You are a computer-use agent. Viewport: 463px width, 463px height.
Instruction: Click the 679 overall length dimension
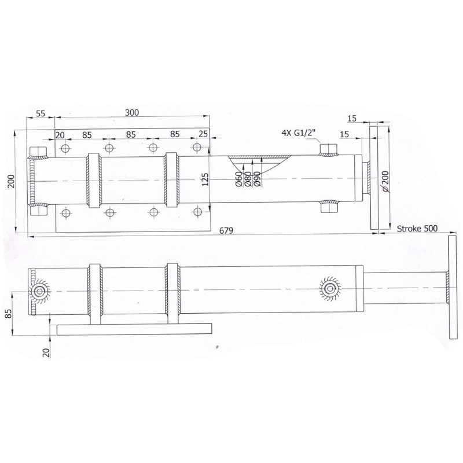tap(226, 230)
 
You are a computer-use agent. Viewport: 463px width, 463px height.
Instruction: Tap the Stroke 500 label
tap(417, 228)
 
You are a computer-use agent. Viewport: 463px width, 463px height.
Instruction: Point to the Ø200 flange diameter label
tap(385, 182)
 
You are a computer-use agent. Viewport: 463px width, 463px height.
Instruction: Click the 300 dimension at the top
tap(132, 112)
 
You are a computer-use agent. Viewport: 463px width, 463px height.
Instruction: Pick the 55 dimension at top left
tap(41, 113)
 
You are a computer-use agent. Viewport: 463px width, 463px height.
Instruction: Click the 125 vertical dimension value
tap(205, 179)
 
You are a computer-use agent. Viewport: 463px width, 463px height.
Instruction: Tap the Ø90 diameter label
tap(256, 179)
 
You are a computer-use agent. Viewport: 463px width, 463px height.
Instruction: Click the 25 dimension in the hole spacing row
tap(203, 134)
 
